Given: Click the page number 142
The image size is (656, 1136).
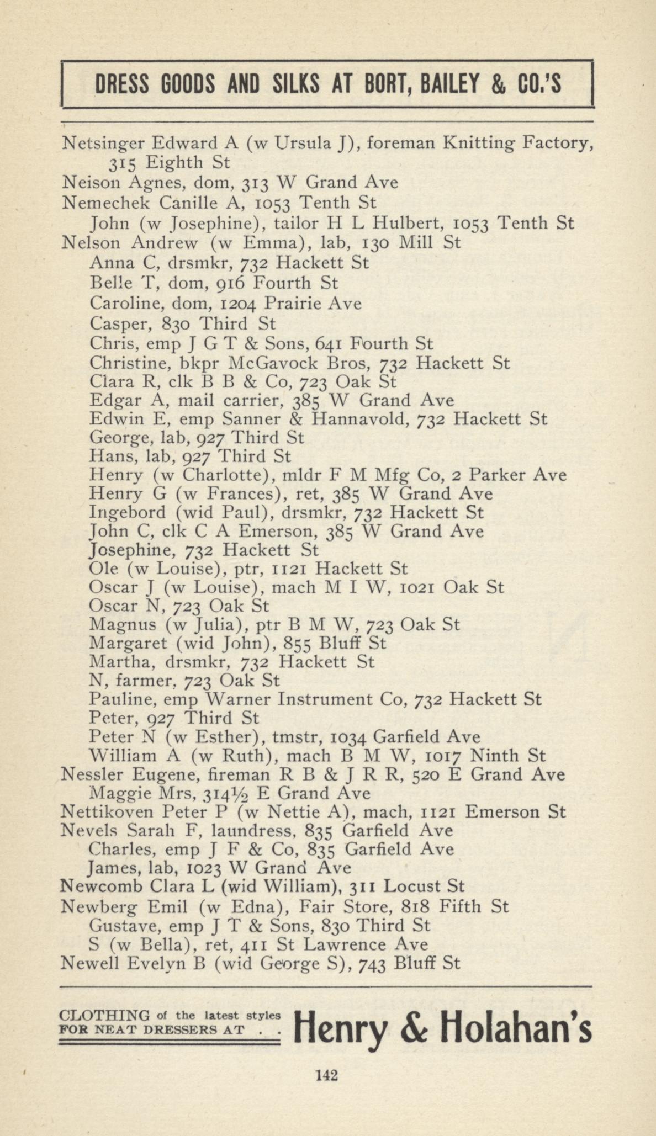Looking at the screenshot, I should point(326,1075).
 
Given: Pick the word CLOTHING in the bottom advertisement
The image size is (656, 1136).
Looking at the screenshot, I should point(104,1015).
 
